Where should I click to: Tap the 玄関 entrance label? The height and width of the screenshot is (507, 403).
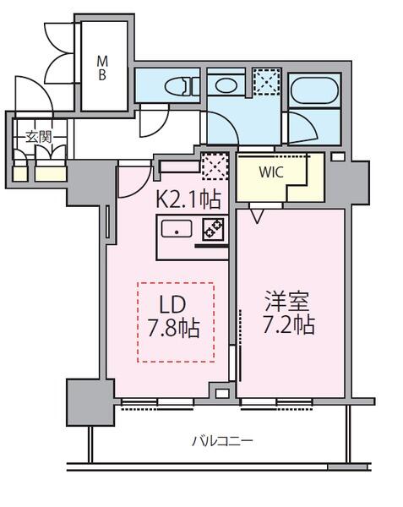click(x=36, y=137)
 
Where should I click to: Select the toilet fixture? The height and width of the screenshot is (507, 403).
click(x=178, y=85)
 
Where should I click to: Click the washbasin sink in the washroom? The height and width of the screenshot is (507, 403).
click(x=226, y=84)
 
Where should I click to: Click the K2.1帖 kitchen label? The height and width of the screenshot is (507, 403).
click(x=188, y=200)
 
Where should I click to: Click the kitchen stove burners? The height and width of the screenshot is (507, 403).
click(x=212, y=228)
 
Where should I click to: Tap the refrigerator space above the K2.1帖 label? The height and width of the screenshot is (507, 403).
click(x=216, y=166)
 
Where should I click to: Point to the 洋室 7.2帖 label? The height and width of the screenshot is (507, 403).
click(x=290, y=313)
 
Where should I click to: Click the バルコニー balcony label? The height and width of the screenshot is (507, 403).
click(x=221, y=440)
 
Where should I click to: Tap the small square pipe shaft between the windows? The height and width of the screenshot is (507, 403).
click(x=221, y=392)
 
